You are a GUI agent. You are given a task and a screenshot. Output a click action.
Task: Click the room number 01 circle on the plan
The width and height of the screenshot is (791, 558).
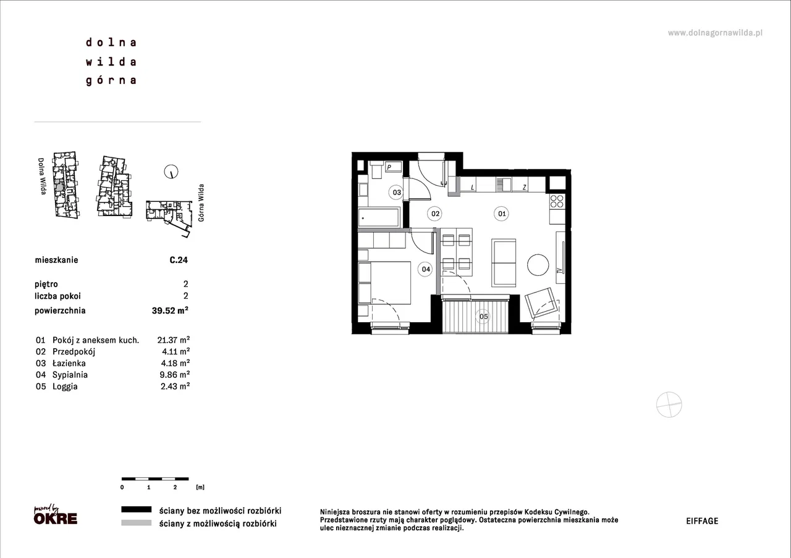[501, 214]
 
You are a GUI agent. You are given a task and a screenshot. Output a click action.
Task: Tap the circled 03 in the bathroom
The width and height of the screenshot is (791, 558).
[396, 192]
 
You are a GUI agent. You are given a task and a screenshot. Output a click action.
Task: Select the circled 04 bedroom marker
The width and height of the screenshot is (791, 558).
[426, 269]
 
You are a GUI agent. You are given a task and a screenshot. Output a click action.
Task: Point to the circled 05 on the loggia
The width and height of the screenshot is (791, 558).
[483, 317]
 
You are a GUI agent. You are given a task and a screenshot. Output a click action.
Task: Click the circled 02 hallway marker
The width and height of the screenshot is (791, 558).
[434, 214]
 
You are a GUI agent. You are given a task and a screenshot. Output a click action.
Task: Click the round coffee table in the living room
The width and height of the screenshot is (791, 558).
[538, 265]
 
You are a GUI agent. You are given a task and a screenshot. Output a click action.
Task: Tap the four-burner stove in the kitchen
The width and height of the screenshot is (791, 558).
[557, 201]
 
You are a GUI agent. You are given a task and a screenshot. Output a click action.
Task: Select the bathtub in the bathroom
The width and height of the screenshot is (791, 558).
[379, 217]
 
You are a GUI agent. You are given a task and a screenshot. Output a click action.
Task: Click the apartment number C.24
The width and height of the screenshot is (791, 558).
[179, 260]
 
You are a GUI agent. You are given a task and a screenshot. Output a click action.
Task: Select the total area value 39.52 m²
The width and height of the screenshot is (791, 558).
[170, 310]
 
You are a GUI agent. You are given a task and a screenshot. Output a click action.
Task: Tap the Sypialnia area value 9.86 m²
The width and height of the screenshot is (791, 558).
[174, 375]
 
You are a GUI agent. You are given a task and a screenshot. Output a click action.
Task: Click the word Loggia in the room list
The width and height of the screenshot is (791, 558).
[65, 386]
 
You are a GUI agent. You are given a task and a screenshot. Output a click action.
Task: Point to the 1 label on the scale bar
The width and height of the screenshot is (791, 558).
[149, 487]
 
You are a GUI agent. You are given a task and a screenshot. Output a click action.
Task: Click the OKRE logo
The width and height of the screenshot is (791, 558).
[56, 515]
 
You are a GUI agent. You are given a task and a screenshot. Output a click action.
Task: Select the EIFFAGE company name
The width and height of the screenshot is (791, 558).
[702, 521]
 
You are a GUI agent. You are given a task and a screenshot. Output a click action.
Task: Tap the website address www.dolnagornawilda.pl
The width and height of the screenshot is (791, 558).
[715, 33]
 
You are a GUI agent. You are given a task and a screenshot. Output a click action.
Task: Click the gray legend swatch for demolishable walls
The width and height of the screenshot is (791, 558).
[137, 523]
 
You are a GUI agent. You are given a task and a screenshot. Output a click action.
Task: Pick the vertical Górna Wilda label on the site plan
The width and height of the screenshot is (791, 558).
[201, 203]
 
